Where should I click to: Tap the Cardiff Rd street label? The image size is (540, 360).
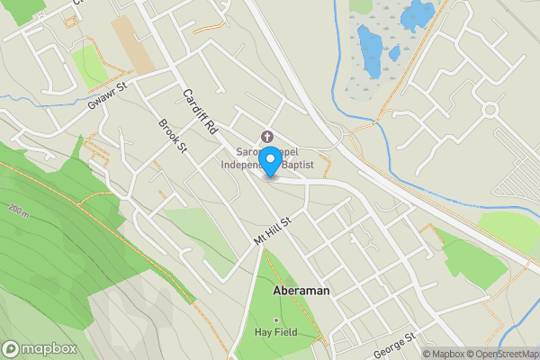tap(201, 112)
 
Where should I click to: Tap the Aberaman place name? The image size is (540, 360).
tap(301, 292)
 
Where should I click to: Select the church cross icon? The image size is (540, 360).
tap(266, 137)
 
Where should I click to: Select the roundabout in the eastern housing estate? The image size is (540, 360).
tap(490, 110)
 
